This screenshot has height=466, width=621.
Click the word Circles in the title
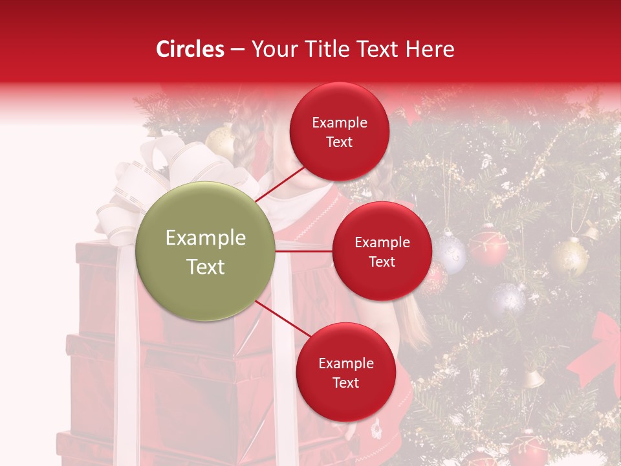190,49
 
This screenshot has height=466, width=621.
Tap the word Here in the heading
430,49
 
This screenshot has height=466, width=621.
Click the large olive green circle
206,252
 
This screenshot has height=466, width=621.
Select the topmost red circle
339,132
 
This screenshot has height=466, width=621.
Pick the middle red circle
382,251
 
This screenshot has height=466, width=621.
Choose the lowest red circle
345,372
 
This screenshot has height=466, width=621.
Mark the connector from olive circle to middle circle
303,251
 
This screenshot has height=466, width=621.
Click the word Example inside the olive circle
206,238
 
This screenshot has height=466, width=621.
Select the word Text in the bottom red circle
345,383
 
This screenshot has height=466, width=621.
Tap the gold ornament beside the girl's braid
221,141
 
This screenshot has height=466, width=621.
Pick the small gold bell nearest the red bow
534,379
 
